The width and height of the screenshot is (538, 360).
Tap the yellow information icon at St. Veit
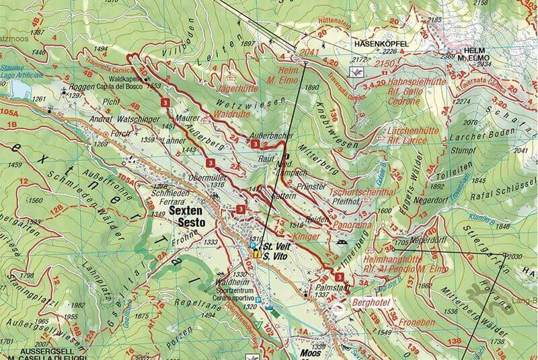pos(257,255)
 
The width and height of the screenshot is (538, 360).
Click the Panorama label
pos(352,224)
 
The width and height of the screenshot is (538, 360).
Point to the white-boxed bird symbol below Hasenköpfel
pos(360,71)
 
